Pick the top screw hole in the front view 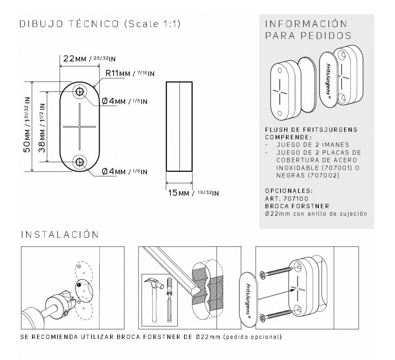[x=80, y=91]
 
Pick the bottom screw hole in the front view [x=80, y=162]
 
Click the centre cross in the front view [x=80, y=126]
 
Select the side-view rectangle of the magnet [x=179, y=127]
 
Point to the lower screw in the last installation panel [x=276, y=315]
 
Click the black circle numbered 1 [x=79, y=285]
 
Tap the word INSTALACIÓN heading [x=60, y=234]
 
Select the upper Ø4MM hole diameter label [x=124, y=101]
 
